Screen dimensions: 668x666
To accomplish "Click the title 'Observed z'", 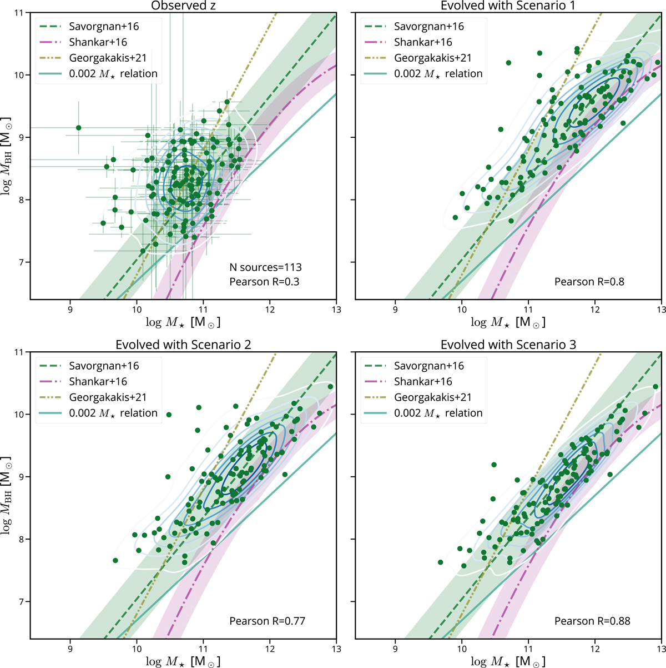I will (x=183, y=6).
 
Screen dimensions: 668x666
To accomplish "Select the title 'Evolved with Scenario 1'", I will (x=508, y=6).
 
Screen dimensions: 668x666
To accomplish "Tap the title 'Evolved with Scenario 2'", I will (x=183, y=345).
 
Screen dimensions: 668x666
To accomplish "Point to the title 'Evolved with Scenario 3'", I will (x=508, y=345).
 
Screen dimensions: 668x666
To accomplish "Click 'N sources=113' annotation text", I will (x=265, y=267).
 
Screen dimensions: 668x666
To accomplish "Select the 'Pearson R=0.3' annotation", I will (x=264, y=282).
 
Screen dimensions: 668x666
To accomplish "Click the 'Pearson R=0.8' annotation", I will (x=589, y=282).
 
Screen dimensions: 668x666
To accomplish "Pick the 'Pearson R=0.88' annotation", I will (x=592, y=621).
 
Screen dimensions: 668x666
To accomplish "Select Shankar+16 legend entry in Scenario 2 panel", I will (x=98, y=382).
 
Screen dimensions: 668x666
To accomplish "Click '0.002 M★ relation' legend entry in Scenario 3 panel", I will (x=438, y=413).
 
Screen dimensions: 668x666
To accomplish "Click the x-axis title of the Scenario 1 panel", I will (x=508, y=322).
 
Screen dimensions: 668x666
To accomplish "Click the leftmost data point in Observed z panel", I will (x=78, y=128).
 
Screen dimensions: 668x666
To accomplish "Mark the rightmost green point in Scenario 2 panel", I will (x=330, y=387).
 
